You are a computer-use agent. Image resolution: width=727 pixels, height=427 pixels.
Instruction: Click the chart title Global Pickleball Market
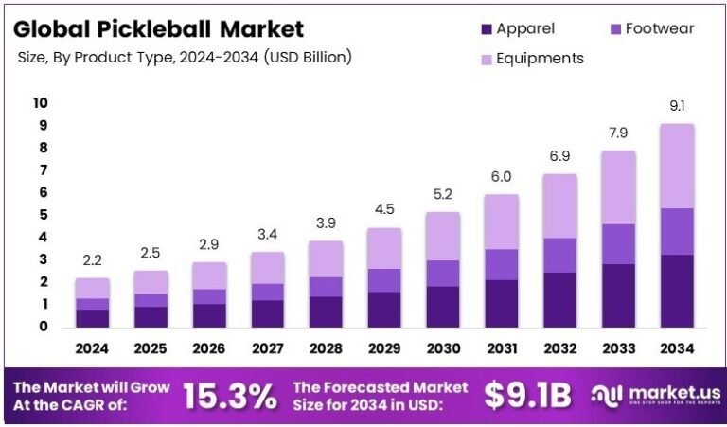(158, 28)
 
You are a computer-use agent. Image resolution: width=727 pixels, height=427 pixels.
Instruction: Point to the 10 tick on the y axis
(40, 102)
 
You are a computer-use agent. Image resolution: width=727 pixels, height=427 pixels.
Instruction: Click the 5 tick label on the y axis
(43, 215)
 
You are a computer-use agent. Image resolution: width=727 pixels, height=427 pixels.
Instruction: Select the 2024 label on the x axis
(92, 348)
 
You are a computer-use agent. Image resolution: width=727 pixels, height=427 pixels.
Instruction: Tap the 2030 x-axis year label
(443, 348)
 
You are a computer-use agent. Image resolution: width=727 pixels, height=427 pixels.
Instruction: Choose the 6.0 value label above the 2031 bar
(501, 177)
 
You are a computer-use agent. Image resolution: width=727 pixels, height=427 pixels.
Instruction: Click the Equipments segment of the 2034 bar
(676, 166)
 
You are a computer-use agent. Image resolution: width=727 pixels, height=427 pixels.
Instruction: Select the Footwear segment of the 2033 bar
(617, 243)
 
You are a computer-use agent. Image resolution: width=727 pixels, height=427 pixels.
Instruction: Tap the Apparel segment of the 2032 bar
(559, 299)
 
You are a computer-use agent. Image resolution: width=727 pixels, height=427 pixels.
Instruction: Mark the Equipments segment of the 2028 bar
(326, 258)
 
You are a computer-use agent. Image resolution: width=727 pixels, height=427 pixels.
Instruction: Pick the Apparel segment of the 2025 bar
(151, 316)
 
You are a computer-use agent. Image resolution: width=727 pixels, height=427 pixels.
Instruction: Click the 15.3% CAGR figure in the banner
(229, 396)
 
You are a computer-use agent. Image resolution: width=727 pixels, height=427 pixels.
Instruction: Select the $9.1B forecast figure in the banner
(527, 396)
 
